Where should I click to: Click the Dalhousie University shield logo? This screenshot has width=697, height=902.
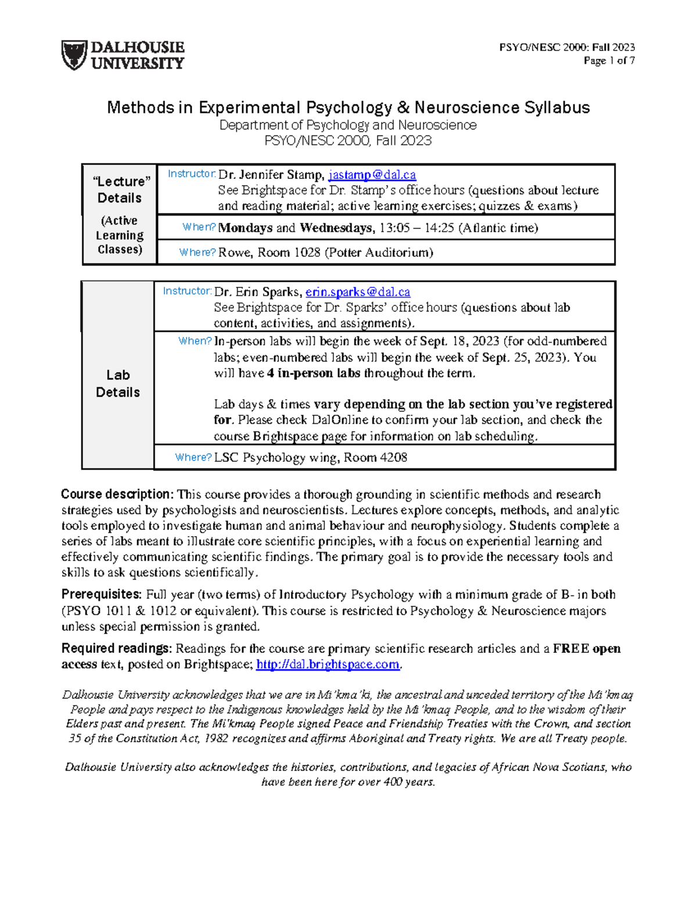coord(74,55)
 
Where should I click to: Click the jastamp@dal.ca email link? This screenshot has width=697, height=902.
coord(372,175)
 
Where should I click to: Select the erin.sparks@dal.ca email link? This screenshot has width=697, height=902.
coord(358,292)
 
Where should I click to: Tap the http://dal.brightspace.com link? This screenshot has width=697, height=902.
coord(328,664)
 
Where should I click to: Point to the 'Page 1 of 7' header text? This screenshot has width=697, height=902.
coord(609,60)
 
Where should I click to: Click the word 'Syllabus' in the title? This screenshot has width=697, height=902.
coord(557,107)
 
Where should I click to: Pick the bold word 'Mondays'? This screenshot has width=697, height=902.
coord(245,228)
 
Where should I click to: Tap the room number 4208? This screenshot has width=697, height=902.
coord(393,458)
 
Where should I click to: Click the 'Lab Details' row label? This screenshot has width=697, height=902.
coord(118,383)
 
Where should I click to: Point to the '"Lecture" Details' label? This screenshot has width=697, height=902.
coord(120,189)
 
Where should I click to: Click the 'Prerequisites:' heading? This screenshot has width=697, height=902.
coord(102,595)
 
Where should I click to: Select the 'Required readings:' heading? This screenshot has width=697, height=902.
coord(116,649)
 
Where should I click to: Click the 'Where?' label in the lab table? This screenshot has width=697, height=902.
coord(193,458)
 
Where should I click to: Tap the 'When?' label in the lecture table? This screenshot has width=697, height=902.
coord(199,227)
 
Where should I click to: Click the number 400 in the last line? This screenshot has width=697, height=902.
coord(393,782)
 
